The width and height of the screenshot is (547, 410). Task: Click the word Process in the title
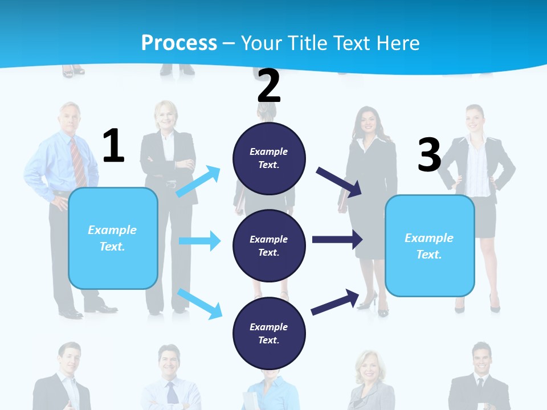click(x=179, y=43)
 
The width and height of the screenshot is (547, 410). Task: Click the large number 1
click(x=113, y=146)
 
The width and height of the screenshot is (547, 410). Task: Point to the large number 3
click(x=429, y=155)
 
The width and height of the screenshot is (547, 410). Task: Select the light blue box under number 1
click(x=113, y=238)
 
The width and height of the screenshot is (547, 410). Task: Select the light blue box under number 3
click(x=430, y=245)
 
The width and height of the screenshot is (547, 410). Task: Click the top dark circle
click(x=269, y=158)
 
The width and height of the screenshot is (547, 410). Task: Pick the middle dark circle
click(x=269, y=245)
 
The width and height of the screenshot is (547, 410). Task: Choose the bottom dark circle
click(x=269, y=333)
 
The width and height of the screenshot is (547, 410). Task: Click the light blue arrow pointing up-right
click(x=198, y=182)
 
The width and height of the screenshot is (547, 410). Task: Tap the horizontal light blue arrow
click(x=199, y=241)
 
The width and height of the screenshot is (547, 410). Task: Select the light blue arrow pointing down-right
click(x=199, y=303)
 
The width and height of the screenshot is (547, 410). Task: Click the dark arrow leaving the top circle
click(x=338, y=182)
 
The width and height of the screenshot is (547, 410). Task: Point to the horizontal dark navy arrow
click(x=337, y=239)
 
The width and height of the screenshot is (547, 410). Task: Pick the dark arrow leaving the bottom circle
click(x=335, y=302)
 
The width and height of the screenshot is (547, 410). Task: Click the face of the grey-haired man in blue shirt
click(x=70, y=118)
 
